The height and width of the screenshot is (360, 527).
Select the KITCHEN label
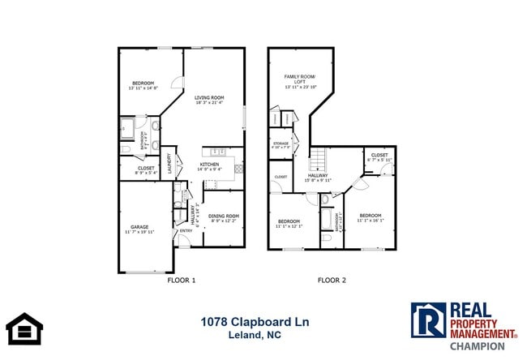[x=209, y=164]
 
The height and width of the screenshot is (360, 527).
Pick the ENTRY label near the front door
[x=186, y=230]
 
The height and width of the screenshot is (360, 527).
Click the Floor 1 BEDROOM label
[x=144, y=84]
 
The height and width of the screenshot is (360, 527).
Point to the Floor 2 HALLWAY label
[x=316, y=174]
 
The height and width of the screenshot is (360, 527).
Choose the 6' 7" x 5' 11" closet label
[x=379, y=161]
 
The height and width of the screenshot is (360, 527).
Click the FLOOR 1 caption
[x=181, y=280]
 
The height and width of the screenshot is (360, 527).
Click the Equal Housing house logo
[x=24, y=328]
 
